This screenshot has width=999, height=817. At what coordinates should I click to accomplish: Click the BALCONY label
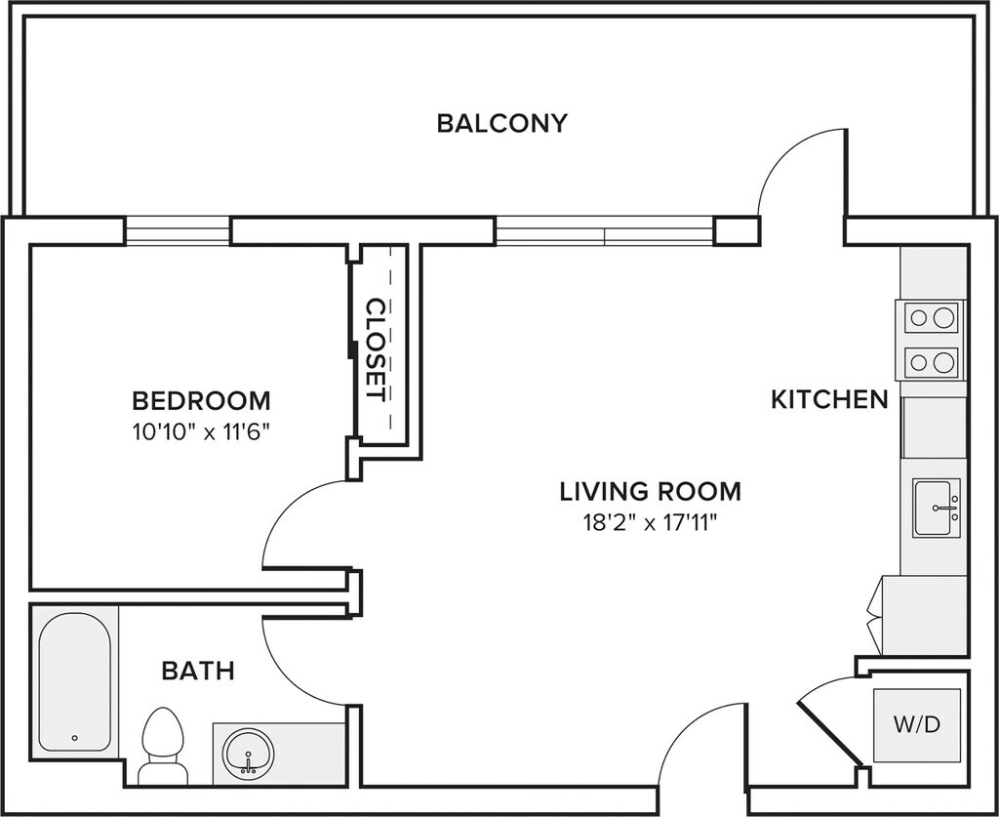[501, 123]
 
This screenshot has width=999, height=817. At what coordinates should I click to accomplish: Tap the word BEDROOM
[201, 400]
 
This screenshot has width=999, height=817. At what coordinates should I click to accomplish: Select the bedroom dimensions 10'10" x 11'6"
[201, 430]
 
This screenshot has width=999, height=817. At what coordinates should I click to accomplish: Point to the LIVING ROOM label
[650, 490]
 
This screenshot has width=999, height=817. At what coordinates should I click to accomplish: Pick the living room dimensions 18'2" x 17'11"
[650, 521]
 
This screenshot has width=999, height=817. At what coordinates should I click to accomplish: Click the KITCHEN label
[829, 399]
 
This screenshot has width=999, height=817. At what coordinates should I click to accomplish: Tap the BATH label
[197, 671]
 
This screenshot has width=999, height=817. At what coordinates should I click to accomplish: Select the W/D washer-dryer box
[917, 725]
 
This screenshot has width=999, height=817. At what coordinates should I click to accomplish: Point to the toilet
[163, 744]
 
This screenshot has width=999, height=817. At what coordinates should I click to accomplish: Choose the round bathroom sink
[249, 752]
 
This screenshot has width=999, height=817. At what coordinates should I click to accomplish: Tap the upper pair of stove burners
[931, 317]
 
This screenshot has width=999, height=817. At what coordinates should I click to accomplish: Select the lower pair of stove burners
[931, 363]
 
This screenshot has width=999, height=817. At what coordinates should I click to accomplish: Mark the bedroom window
[178, 230]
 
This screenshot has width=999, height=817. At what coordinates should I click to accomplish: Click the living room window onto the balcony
[605, 231]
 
